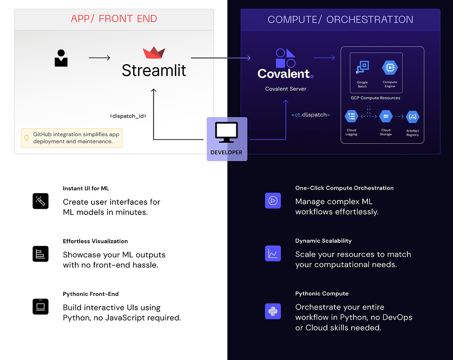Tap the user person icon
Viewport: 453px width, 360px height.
pos(61,58)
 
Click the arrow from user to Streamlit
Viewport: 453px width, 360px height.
pos(100,57)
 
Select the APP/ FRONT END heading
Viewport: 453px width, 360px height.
pos(114,19)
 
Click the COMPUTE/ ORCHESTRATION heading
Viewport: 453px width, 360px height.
pos(340,19)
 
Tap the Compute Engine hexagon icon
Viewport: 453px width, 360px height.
pos(390,68)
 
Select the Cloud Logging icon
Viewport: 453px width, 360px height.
pos(352,117)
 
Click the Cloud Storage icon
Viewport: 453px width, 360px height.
pos(386,117)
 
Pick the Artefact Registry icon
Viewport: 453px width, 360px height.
pos(412,117)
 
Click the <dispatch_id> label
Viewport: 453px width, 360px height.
pos(128,116)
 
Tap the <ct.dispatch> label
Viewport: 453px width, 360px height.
pos(311,115)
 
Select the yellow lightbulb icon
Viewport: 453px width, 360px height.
pos(27,138)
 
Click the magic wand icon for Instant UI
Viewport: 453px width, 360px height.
pos(40,201)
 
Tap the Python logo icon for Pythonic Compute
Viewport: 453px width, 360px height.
pos(273,311)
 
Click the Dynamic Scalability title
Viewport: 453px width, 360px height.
pos(323,241)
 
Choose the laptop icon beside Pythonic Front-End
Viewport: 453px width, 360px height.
pos(40,306)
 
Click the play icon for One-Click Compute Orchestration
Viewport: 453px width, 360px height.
pos(273,200)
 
